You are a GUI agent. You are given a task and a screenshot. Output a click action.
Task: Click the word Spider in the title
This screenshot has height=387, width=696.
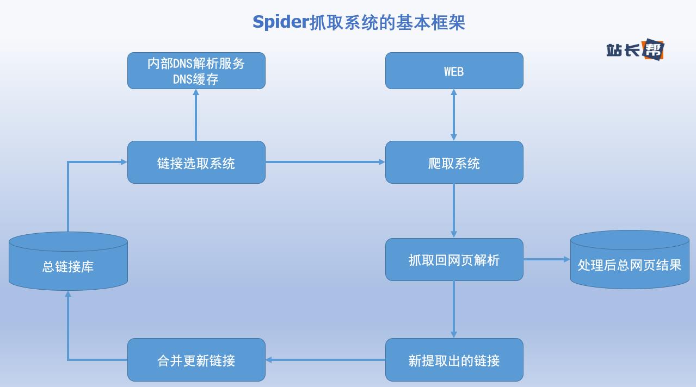click(280, 22)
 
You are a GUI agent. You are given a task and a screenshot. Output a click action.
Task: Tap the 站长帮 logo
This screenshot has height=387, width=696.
click(635, 49)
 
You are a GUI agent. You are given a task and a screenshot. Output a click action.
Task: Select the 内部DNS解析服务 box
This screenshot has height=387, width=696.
click(196, 71)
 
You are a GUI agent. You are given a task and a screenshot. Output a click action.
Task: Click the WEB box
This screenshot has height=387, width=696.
click(454, 71)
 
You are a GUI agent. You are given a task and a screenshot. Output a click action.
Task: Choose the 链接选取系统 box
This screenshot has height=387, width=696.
click(196, 163)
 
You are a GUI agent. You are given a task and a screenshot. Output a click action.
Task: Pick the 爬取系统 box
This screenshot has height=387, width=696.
click(454, 163)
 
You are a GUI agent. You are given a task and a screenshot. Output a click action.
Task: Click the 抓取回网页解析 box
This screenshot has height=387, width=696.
click(454, 260)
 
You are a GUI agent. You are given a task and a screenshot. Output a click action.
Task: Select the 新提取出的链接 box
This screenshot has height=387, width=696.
click(454, 360)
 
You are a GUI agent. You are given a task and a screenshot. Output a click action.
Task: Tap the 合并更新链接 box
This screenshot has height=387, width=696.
click(196, 360)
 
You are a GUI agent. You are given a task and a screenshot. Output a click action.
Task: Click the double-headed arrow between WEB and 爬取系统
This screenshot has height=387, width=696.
click(454, 115)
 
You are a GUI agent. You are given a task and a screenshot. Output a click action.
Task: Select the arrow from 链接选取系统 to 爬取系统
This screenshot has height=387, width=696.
click(325, 162)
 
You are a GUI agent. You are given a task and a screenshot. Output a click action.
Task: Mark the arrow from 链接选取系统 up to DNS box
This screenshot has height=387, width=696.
click(196, 115)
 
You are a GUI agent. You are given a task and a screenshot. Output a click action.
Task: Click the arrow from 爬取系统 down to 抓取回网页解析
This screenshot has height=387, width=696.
click(454, 210)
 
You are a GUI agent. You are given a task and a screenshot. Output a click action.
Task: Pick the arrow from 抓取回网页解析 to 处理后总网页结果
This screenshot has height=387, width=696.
click(546, 259)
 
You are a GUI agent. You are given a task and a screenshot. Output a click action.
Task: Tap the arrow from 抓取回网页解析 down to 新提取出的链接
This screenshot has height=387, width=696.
click(454, 309)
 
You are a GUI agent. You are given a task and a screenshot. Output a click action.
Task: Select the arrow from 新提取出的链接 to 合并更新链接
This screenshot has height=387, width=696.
click(325, 359)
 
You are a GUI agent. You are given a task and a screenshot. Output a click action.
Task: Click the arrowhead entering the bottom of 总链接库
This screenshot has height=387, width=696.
click(68, 295)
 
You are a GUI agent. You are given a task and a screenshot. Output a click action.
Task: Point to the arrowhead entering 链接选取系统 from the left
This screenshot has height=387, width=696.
click(123, 161)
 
